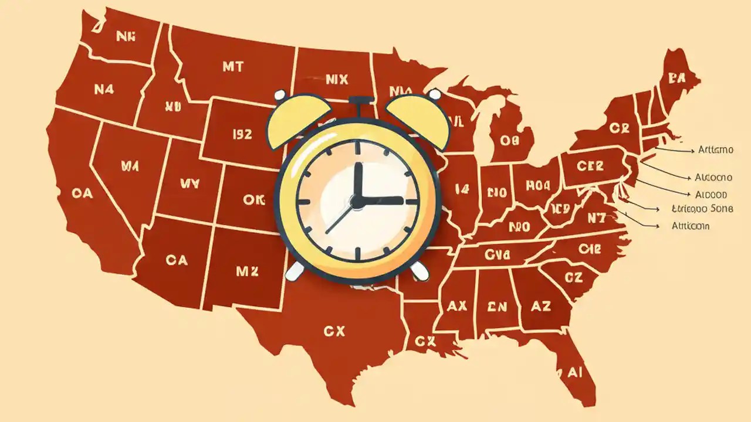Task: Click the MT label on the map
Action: [x=233, y=67]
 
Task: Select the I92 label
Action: [x=242, y=134]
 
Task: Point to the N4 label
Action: [x=104, y=89]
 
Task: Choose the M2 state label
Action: [x=247, y=271]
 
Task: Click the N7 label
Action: [x=596, y=217]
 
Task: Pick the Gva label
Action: [x=498, y=254]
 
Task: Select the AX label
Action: [x=456, y=305]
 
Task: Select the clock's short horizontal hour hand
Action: [x=381, y=200]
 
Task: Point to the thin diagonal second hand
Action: [x=339, y=219]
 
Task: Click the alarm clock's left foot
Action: [x=295, y=270]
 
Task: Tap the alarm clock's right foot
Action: [x=419, y=270]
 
